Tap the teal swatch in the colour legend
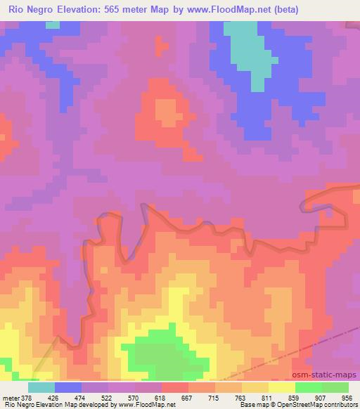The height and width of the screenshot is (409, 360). click(x=41, y=387)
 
